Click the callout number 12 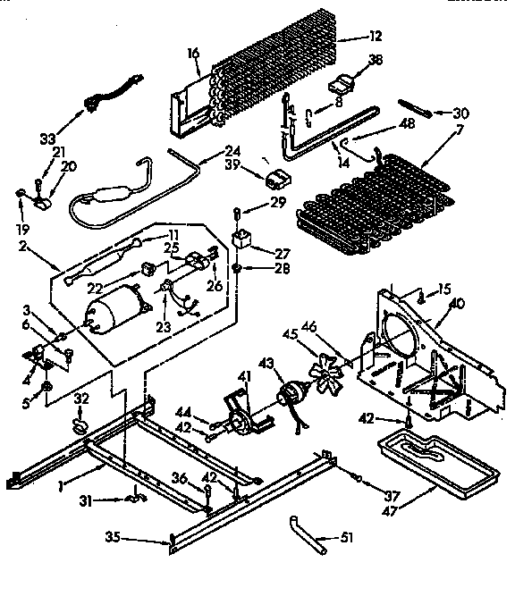click(x=374, y=36)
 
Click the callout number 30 click(x=460, y=113)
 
